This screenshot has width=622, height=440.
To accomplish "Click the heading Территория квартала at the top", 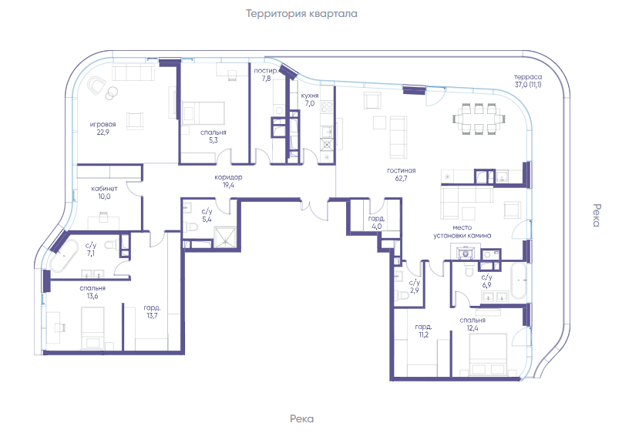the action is coord(301,14).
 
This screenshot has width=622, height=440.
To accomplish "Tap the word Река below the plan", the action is coord(301,419).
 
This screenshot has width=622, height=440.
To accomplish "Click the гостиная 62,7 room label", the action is coord(401,175).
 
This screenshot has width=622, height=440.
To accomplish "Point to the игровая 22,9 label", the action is coord(103,128).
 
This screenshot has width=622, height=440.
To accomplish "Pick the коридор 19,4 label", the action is coord(228,181).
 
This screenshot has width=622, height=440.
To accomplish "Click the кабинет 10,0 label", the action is coord(104,193).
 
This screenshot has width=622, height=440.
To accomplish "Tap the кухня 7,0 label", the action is coord(309,99).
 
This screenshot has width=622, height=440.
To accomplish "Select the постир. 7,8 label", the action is coord(266,75).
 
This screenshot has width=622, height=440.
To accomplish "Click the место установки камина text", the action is coord(462,232).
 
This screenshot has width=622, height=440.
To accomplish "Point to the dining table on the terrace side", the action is coord(479,119).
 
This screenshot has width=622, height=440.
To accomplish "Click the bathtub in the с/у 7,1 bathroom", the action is coord(64,254).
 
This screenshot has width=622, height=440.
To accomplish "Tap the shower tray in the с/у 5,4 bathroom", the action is coord(225,237).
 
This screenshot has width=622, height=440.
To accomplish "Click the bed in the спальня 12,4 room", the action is coord(488,354).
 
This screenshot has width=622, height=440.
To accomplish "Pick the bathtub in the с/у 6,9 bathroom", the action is coord(519,280).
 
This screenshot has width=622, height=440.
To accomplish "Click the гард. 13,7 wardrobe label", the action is coord(152,312).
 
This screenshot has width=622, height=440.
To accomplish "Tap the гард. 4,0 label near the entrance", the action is coord(376,223).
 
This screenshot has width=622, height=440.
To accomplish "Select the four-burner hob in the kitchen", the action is coord(327,107).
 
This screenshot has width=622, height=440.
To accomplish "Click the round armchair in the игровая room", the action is coord(96,86).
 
